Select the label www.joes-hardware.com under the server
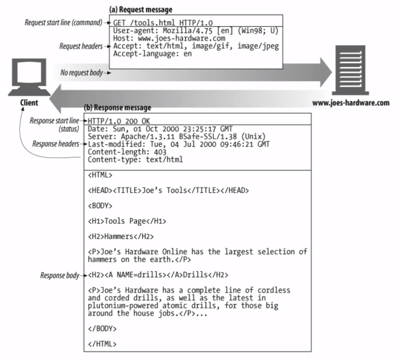pos(351,103)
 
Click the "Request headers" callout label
pos(79,46)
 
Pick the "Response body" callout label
pos(59,275)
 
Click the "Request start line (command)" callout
pos(62,22)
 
